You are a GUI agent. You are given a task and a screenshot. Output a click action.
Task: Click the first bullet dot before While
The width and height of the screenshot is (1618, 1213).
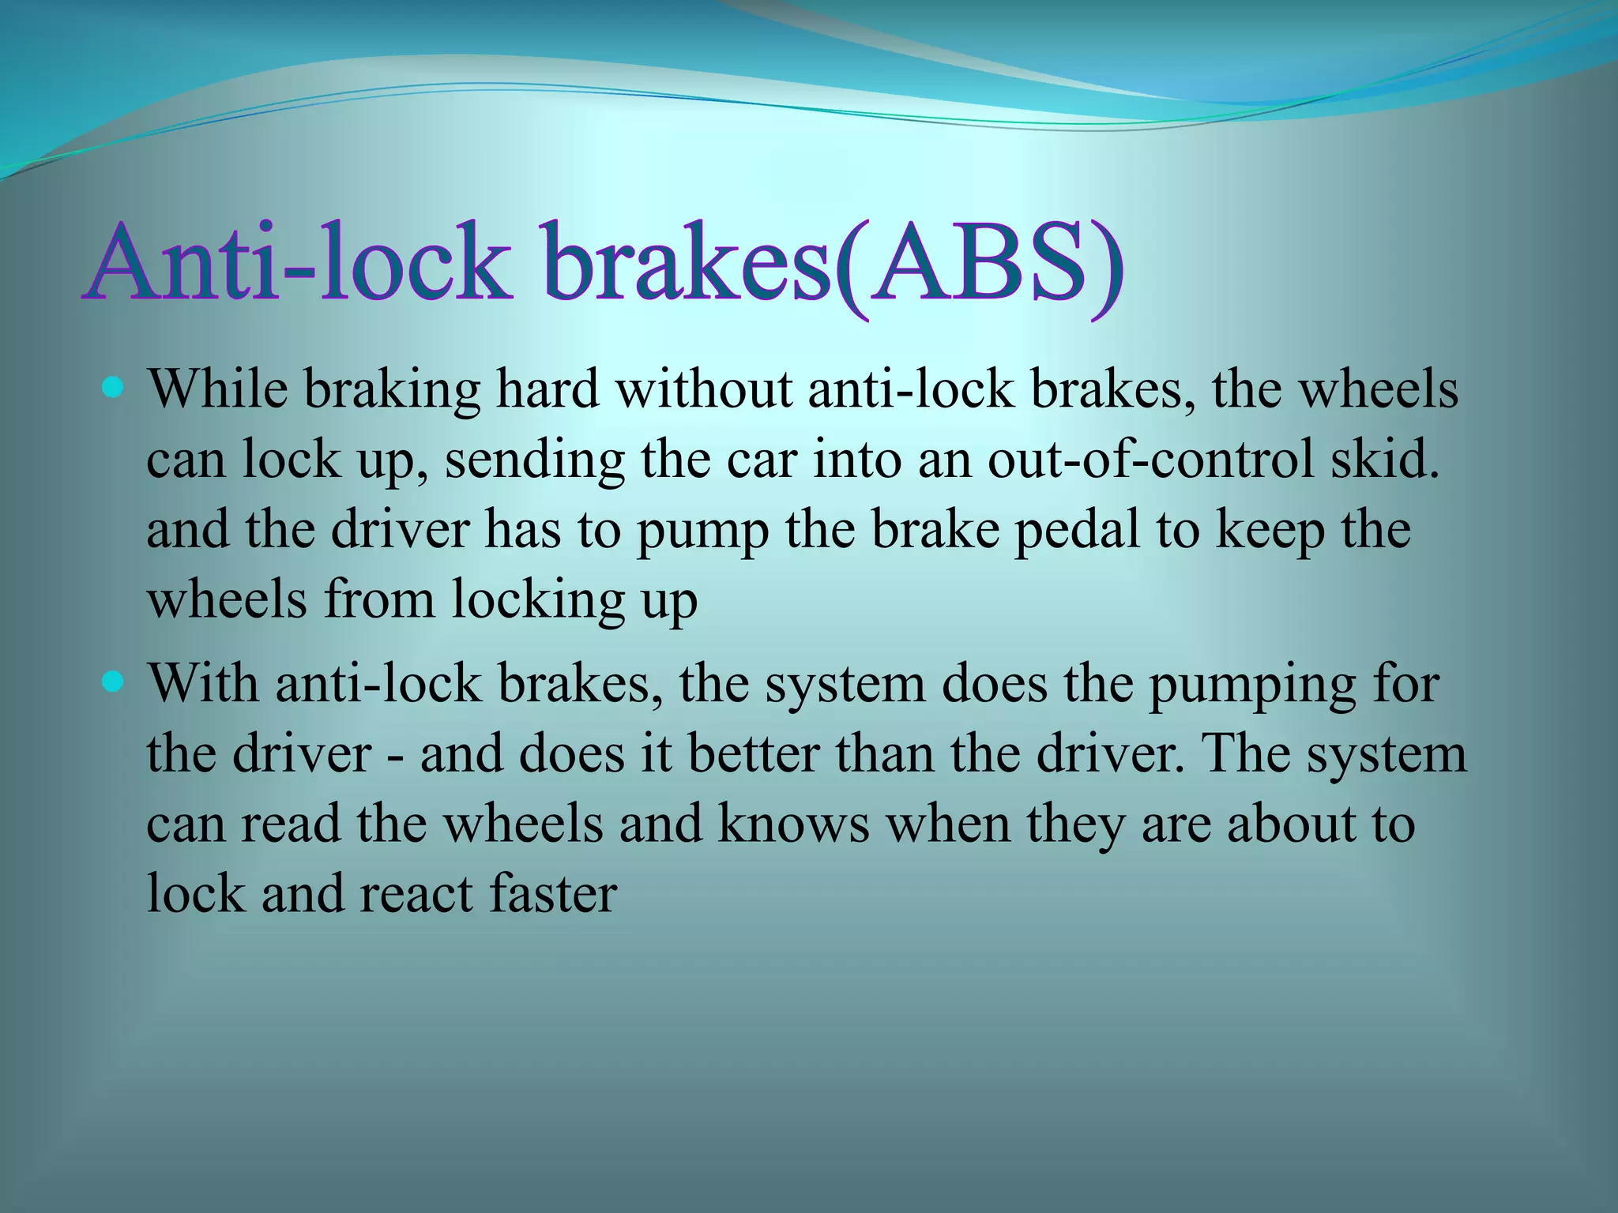pos(114,388)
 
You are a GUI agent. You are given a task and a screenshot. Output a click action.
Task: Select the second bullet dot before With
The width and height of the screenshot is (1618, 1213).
pos(114,681)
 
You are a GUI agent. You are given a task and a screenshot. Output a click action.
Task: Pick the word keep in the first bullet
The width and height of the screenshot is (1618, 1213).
pos(1270,531)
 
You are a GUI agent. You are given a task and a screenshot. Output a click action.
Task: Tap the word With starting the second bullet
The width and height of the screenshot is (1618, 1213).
pos(204,682)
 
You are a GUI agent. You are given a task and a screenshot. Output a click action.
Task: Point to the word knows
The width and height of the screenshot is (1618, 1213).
pos(793,823)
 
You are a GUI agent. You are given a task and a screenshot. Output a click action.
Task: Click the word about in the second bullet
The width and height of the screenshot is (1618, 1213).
pos(1293,823)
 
